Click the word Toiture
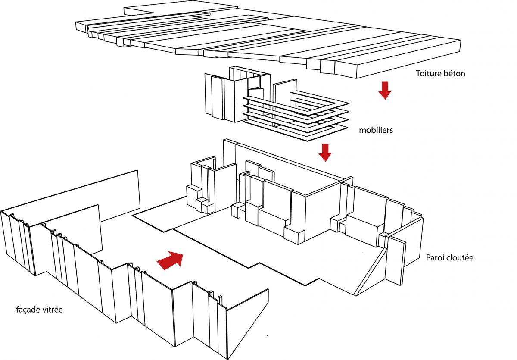pyautogui.click(x=429, y=74)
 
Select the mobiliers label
pyautogui.click(x=376, y=130)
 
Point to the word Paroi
pyautogui.click(x=436, y=258)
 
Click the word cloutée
pyautogui.click(x=461, y=258)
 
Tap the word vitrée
pyautogui.click(x=54, y=310)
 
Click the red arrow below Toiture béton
pyautogui.click(x=384, y=90)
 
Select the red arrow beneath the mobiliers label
pyautogui.click(x=325, y=152)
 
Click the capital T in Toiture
pyautogui.click(x=418, y=74)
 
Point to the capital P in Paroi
pyautogui.click(x=428, y=258)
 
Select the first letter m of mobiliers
pyautogui.click(x=362, y=130)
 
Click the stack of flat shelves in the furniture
pyautogui.click(x=297, y=116)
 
